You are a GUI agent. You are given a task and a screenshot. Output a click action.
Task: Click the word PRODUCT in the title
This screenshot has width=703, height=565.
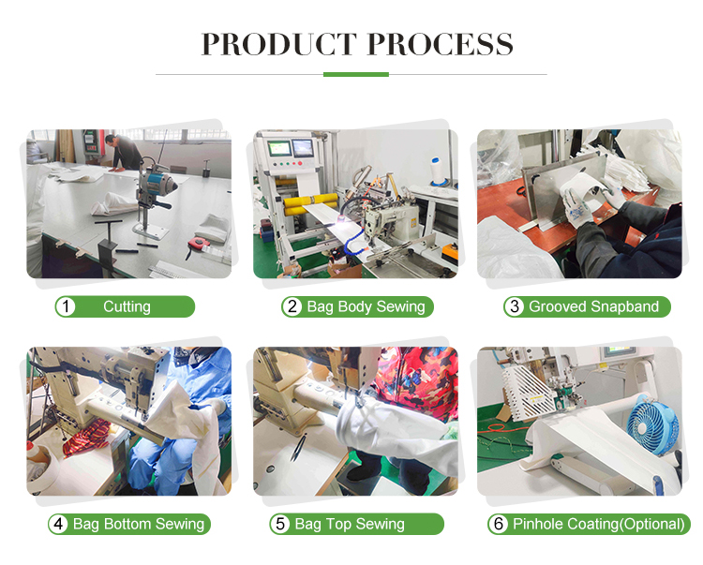279,44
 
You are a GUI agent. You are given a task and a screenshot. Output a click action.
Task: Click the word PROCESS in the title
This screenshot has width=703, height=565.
441,44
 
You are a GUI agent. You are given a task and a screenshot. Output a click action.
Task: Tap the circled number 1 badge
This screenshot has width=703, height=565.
66,307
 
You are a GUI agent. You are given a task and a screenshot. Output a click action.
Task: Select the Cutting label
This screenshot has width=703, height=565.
127,307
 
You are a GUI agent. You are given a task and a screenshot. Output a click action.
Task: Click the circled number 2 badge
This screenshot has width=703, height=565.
292,307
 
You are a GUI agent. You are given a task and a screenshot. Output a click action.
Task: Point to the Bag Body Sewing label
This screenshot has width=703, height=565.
366,307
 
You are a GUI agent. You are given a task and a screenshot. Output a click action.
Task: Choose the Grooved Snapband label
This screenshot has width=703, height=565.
593,307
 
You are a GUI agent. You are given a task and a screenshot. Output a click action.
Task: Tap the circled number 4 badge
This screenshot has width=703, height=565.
59,524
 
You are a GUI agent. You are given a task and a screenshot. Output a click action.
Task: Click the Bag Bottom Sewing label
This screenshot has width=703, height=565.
139,524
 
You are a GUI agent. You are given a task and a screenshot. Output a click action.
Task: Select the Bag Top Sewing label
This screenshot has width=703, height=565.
350,524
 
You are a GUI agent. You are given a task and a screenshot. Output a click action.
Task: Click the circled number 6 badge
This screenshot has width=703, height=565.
499,524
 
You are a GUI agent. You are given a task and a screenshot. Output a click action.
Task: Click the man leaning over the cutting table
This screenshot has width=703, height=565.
123,153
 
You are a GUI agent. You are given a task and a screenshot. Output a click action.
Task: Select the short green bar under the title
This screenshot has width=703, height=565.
356,74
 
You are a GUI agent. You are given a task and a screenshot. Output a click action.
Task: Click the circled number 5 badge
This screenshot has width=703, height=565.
280,524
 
